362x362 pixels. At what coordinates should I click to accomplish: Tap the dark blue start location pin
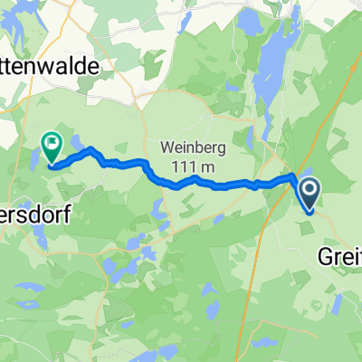309,192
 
